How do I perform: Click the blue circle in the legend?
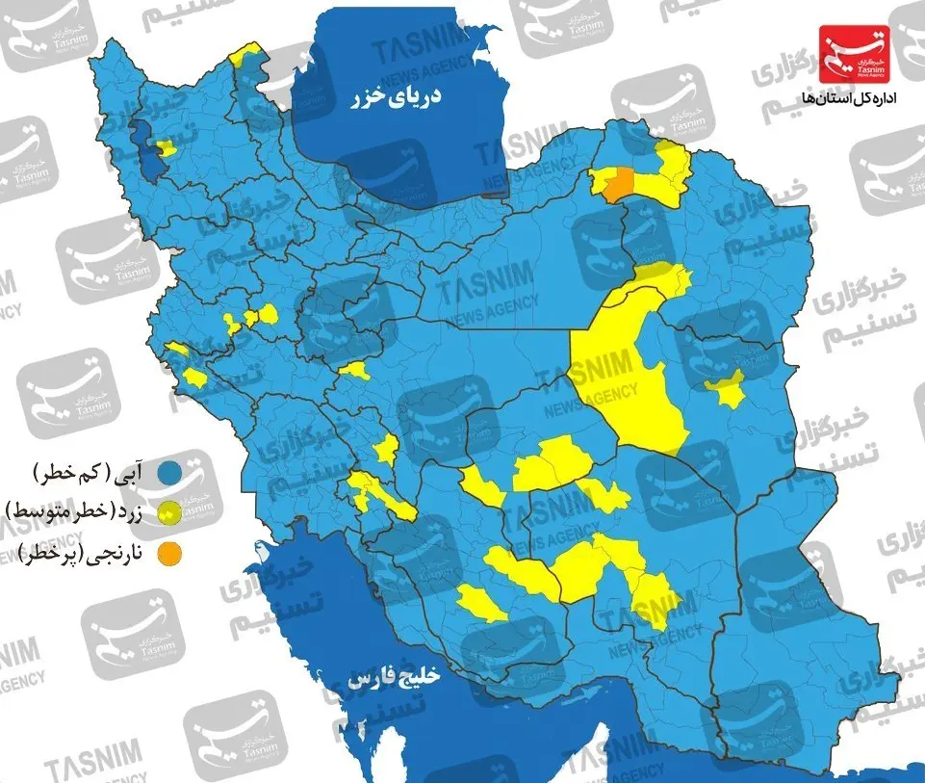171,473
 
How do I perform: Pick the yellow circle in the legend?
171,510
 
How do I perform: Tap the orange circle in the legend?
171,553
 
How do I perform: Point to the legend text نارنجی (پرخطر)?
87,554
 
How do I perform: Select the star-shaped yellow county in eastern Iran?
728,388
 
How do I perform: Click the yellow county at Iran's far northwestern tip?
247,53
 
